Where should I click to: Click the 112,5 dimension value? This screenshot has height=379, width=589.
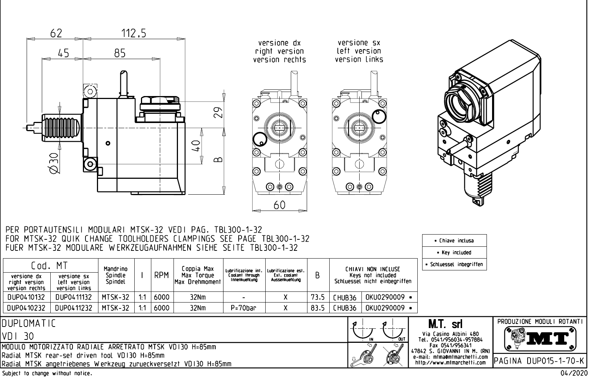point(134,34)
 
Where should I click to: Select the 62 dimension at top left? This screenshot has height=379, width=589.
point(56,34)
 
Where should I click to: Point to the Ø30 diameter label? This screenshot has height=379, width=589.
point(54,163)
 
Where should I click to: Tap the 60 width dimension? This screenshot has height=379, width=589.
point(280,205)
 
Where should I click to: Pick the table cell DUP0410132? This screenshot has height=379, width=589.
point(26,297)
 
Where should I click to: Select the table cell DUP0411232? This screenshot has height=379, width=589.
point(74,308)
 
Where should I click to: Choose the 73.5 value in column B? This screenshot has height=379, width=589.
point(317,297)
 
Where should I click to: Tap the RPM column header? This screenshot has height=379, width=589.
point(161,276)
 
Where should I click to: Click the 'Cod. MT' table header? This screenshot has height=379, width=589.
point(50,265)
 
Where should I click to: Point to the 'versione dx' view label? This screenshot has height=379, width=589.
point(279,43)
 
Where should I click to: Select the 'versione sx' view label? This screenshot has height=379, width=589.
point(359,43)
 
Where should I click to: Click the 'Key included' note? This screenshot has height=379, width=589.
point(454,253)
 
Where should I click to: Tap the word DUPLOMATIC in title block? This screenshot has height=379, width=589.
point(29,324)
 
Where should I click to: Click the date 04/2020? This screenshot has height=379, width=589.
point(573,374)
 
